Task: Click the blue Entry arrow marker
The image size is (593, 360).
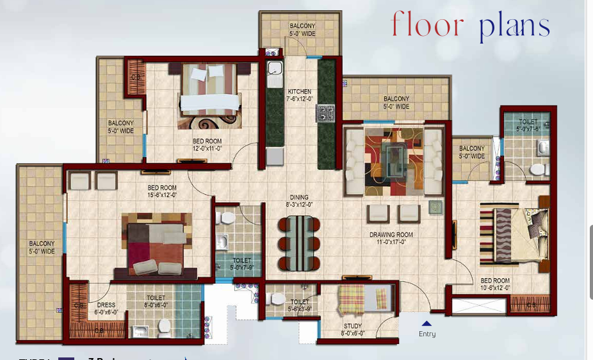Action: click(426, 323)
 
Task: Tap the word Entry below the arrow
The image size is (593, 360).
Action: click(427, 334)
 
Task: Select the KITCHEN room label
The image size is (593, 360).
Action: click(299, 92)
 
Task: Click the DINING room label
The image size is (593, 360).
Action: click(298, 197)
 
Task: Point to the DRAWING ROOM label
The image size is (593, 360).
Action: click(391, 234)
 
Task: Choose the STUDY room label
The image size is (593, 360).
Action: click(353, 326)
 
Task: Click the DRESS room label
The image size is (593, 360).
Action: click(106, 305)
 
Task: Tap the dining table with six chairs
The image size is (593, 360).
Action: click(299, 243)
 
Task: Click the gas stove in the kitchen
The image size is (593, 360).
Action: click(325, 113)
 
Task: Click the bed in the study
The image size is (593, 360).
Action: click(364, 299)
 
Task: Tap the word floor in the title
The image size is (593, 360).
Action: click(427, 26)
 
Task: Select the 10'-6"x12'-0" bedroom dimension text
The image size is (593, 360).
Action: click(496, 288)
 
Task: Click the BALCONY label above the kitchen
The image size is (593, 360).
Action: click(302, 26)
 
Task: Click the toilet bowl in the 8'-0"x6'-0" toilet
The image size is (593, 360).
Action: click(165, 327)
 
